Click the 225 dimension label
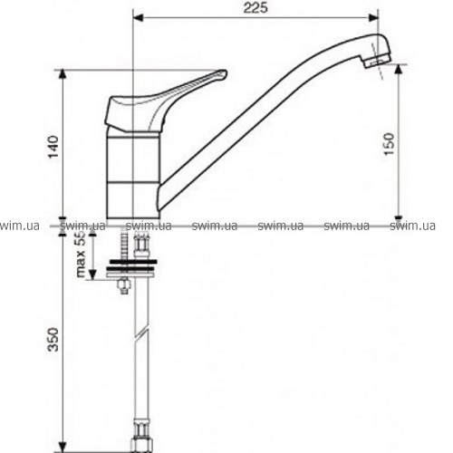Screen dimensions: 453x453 coord(255,8)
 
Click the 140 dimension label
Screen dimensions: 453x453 coord(53,147)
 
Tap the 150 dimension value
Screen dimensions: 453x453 coord(389,144)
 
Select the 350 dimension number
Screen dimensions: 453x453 coord(53,339)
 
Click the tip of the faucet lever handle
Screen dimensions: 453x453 coord(226,72)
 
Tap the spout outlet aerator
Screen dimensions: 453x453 coord(377,63)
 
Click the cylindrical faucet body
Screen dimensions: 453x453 coord(133,175)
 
